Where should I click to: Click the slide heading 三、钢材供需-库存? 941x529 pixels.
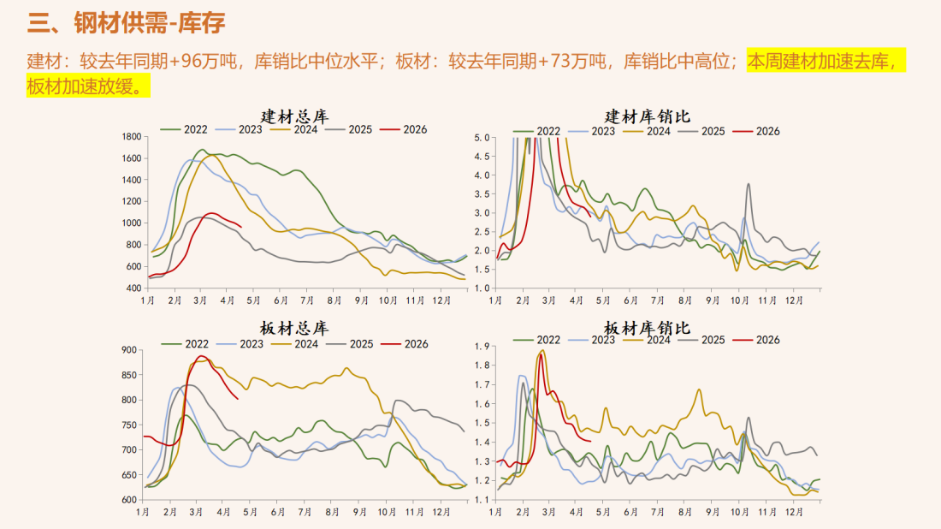click(x=127, y=23)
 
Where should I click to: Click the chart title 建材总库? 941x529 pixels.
click(x=295, y=116)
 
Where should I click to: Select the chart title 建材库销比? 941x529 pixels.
click(x=647, y=116)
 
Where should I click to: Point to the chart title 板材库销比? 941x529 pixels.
click(x=647, y=329)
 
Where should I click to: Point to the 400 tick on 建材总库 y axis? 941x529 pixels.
click(x=133, y=288)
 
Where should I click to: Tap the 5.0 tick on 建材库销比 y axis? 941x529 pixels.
click(x=481, y=137)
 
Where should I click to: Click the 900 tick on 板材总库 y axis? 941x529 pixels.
click(x=129, y=350)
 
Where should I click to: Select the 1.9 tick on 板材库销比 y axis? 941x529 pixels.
click(x=481, y=346)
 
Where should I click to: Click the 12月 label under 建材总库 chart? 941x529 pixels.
click(x=441, y=301)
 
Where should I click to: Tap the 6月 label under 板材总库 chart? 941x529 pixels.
click(x=279, y=513)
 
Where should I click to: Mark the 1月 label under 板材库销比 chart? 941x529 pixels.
click(x=496, y=513)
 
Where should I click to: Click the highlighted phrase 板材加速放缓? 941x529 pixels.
click(x=86, y=86)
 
